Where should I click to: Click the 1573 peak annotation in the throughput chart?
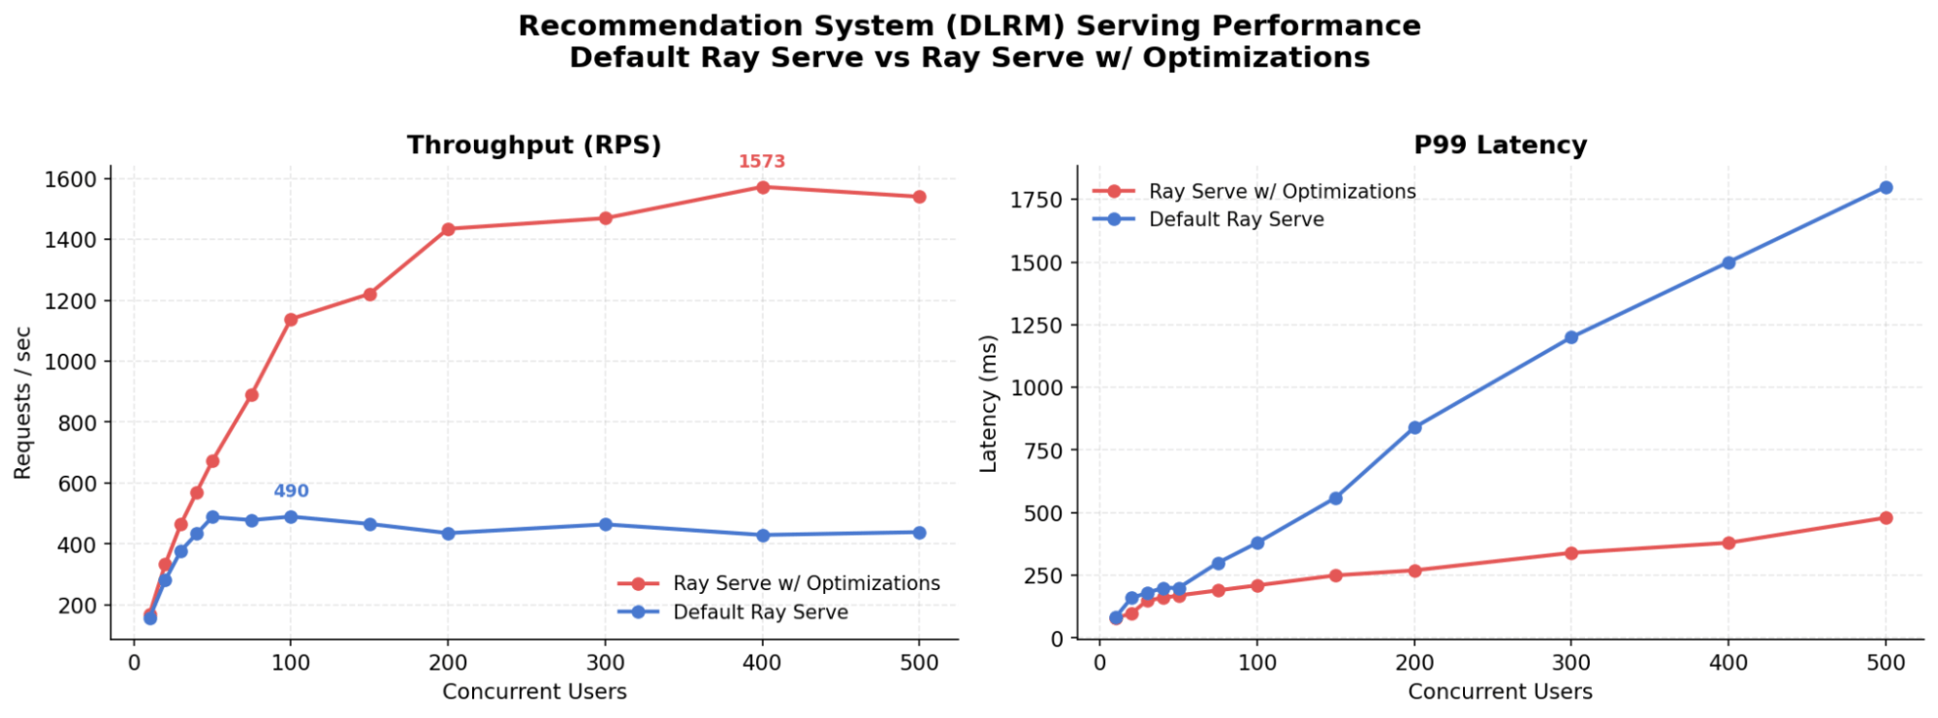[761, 162]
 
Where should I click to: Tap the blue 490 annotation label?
[291, 491]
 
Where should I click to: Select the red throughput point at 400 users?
[763, 187]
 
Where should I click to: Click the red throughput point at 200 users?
[448, 230]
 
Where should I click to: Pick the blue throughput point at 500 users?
[919, 533]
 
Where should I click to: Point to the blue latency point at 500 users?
[1886, 188]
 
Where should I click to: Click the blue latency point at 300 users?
[1571, 337]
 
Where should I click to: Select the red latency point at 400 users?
[1728, 543]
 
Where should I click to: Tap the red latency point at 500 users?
[1886, 517]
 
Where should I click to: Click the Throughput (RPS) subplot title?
[533, 145]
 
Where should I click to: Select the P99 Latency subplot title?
[1500, 145]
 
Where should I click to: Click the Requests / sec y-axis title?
[23, 402]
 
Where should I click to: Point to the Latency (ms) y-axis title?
[988, 403]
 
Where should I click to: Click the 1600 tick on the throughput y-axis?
[70, 179]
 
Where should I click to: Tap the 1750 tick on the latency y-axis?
[1037, 200]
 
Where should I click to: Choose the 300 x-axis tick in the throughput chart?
[605, 663]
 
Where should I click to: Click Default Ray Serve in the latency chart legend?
[1235, 219]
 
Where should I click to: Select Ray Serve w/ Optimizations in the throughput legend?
[806, 583]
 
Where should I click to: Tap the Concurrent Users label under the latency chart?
[1500, 692]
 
